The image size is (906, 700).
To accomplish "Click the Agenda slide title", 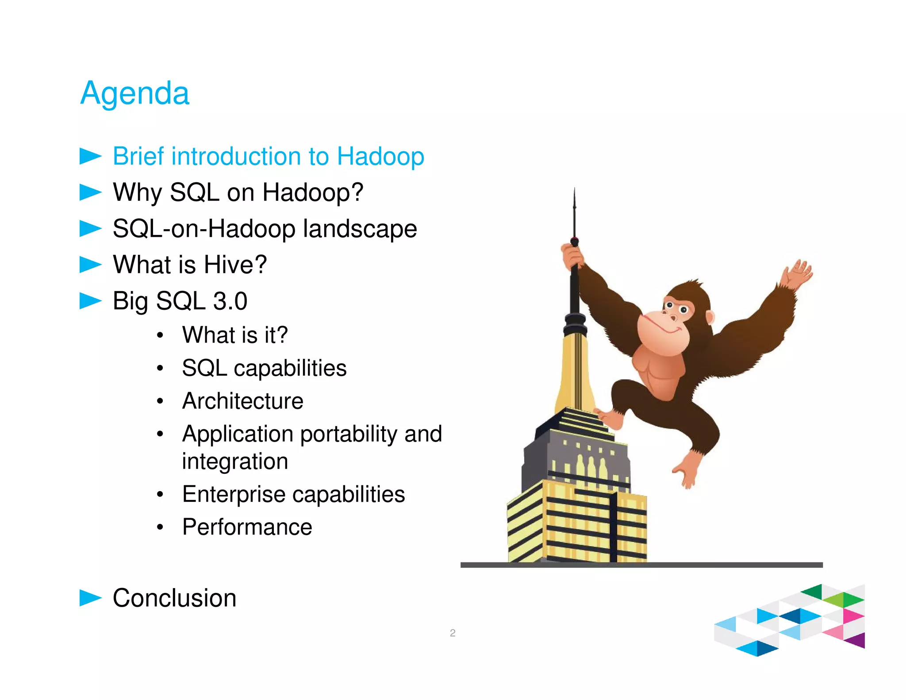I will (134, 93).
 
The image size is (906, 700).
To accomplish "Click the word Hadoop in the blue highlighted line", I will (380, 156).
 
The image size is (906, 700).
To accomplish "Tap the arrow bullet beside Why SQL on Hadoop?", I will (90, 192).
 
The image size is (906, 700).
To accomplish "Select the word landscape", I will (360, 229).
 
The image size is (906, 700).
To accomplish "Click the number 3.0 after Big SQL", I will (230, 301).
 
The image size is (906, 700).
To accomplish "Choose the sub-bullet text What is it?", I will (235, 335).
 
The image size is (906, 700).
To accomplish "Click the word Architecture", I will (242, 401).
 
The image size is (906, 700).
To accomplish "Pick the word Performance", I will (247, 527).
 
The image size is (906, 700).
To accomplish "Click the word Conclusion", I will (174, 598).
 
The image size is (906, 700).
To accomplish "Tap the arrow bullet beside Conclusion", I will (90, 598).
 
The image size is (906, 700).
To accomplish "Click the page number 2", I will (452, 633).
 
